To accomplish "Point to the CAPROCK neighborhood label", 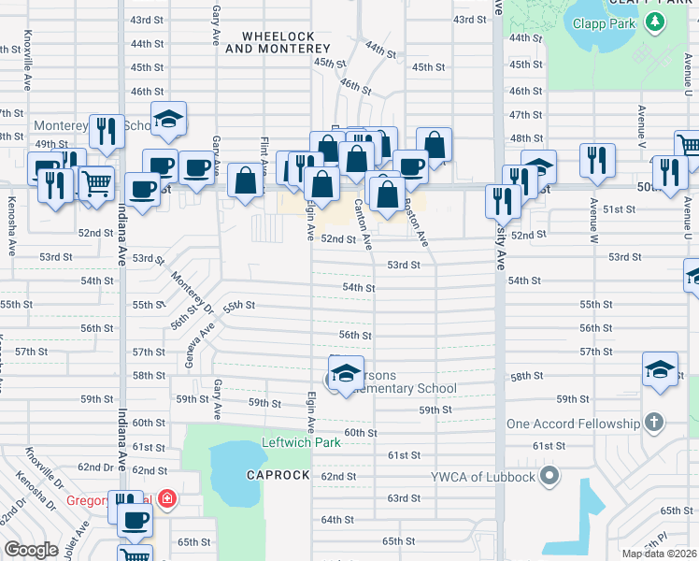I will click(x=278, y=475).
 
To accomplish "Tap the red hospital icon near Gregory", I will click(x=167, y=499).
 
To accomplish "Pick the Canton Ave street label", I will click(x=363, y=225).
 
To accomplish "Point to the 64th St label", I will click(x=337, y=520).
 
